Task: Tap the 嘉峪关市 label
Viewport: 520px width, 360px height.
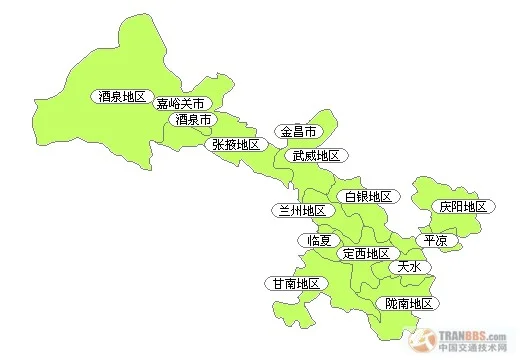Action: tap(181, 104)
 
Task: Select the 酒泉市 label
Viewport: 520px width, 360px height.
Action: tap(193, 120)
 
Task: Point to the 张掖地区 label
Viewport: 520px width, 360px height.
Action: tap(235, 145)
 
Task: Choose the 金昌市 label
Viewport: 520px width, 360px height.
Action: tap(298, 132)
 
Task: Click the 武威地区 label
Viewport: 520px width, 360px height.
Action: tap(316, 156)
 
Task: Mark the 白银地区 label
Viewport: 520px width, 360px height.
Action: tap(367, 197)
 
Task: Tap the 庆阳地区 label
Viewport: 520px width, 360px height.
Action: tap(463, 207)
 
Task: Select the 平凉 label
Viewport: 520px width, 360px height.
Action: tap(436, 241)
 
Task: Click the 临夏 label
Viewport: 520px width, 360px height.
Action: tap(319, 240)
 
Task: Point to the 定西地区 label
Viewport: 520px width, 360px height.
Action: tap(365, 254)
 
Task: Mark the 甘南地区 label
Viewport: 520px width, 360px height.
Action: tap(296, 284)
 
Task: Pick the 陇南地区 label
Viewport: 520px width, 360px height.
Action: tap(408, 303)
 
